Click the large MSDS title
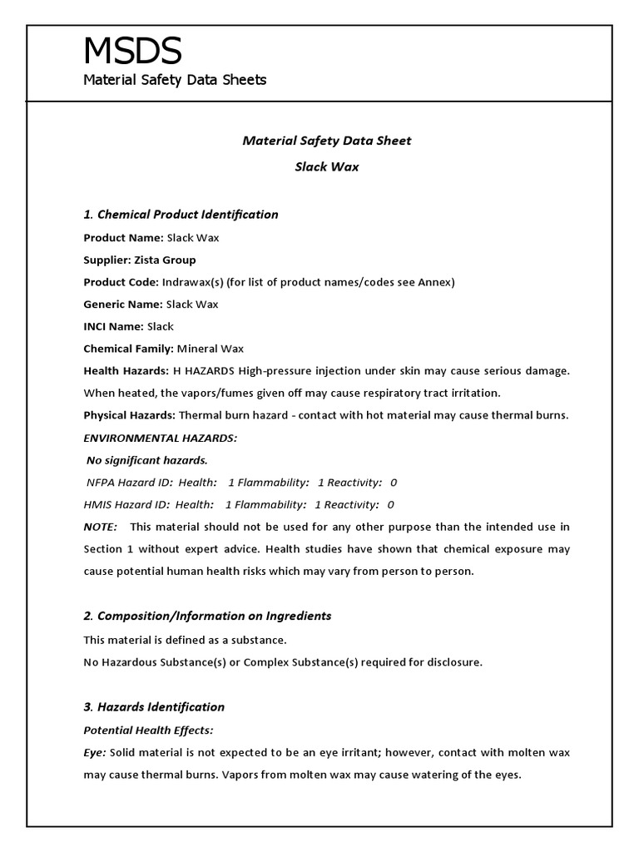tap(132, 52)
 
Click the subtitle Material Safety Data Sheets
tap(175, 80)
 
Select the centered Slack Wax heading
tap(326, 166)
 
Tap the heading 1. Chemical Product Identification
tap(181, 215)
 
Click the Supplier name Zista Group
tap(177, 260)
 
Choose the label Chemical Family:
tap(128, 349)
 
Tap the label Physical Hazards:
tap(129, 415)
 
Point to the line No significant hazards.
tap(148, 459)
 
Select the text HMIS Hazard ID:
tap(126, 504)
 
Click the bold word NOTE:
tap(101, 527)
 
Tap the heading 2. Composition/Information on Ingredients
tap(207, 617)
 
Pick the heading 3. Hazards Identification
tap(154, 707)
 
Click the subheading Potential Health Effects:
tap(148, 730)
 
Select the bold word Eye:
tap(95, 752)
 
